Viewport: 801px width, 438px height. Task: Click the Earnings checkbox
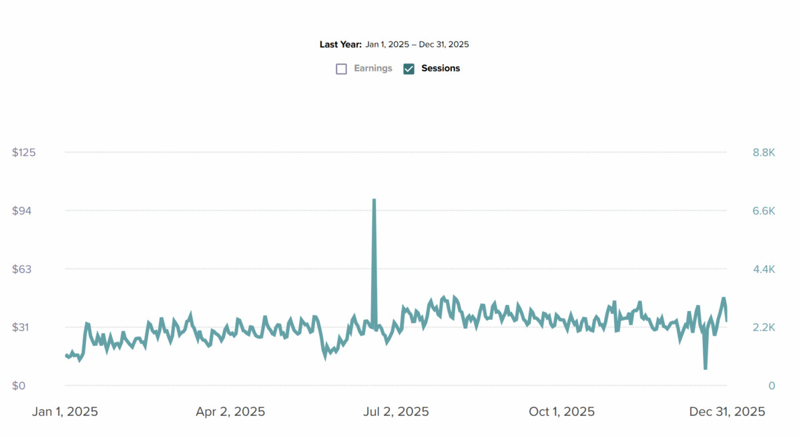[x=342, y=69]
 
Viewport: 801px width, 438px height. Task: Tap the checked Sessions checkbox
[x=409, y=69]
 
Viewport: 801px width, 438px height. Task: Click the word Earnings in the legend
[x=373, y=68]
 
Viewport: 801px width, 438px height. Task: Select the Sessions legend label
[x=441, y=68]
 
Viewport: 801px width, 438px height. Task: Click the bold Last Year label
[x=340, y=45]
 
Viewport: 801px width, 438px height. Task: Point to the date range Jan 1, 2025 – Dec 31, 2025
[x=417, y=45]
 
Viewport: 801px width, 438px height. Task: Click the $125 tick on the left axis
[x=24, y=152]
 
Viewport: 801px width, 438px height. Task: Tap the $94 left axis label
[x=24, y=211]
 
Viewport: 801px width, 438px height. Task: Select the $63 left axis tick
[x=24, y=269]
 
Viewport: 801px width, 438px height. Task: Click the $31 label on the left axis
[x=24, y=327]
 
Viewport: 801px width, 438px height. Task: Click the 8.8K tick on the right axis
[x=764, y=152]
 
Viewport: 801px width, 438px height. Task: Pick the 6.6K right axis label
[x=764, y=211]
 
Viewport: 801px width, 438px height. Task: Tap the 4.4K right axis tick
[x=764, y=269]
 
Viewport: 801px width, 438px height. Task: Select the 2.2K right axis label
[x=764, y=327]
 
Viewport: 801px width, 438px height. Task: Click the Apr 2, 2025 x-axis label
[x=230, y=412]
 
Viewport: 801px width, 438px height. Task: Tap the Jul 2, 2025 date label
[x=396, y=412]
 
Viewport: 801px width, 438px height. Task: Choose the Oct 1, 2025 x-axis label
[x=561, y=412]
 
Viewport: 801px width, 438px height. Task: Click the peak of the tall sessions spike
[x=374, y=200]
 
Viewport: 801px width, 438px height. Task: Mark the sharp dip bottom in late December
[x=705, y=368]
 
